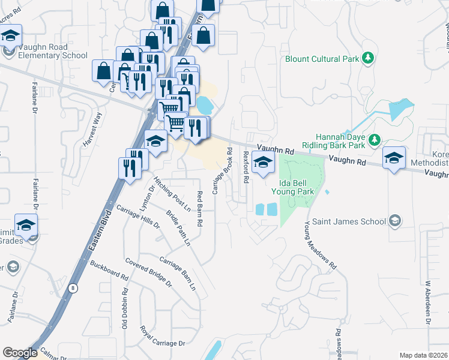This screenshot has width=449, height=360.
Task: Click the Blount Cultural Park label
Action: point(322,58)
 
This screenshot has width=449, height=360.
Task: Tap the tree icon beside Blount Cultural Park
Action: point(367,58)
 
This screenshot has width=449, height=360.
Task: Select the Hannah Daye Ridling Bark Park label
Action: point(340,140)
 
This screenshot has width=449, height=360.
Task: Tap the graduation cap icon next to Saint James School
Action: point(394,221)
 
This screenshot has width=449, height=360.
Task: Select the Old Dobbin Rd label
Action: point(125,308)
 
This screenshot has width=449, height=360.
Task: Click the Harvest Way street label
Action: point(93,130)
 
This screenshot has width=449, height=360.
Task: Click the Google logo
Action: point(19,353)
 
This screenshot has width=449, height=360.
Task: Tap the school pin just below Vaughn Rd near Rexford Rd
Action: point(263,162)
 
